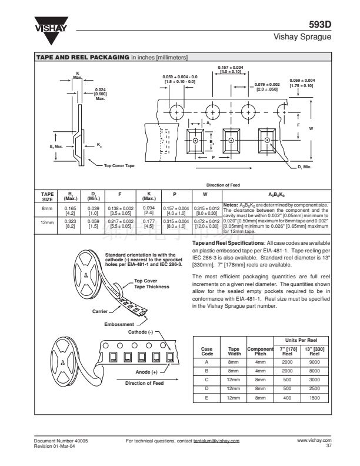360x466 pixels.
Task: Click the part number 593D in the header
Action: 320,25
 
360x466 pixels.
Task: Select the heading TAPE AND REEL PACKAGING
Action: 82,58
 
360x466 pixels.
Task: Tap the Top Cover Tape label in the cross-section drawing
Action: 119,165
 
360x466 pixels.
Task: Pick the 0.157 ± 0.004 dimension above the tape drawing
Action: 230,69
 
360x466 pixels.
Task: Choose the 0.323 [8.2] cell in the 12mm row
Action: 71,224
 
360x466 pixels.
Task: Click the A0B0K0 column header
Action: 274,195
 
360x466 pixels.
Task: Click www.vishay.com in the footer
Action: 315,440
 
